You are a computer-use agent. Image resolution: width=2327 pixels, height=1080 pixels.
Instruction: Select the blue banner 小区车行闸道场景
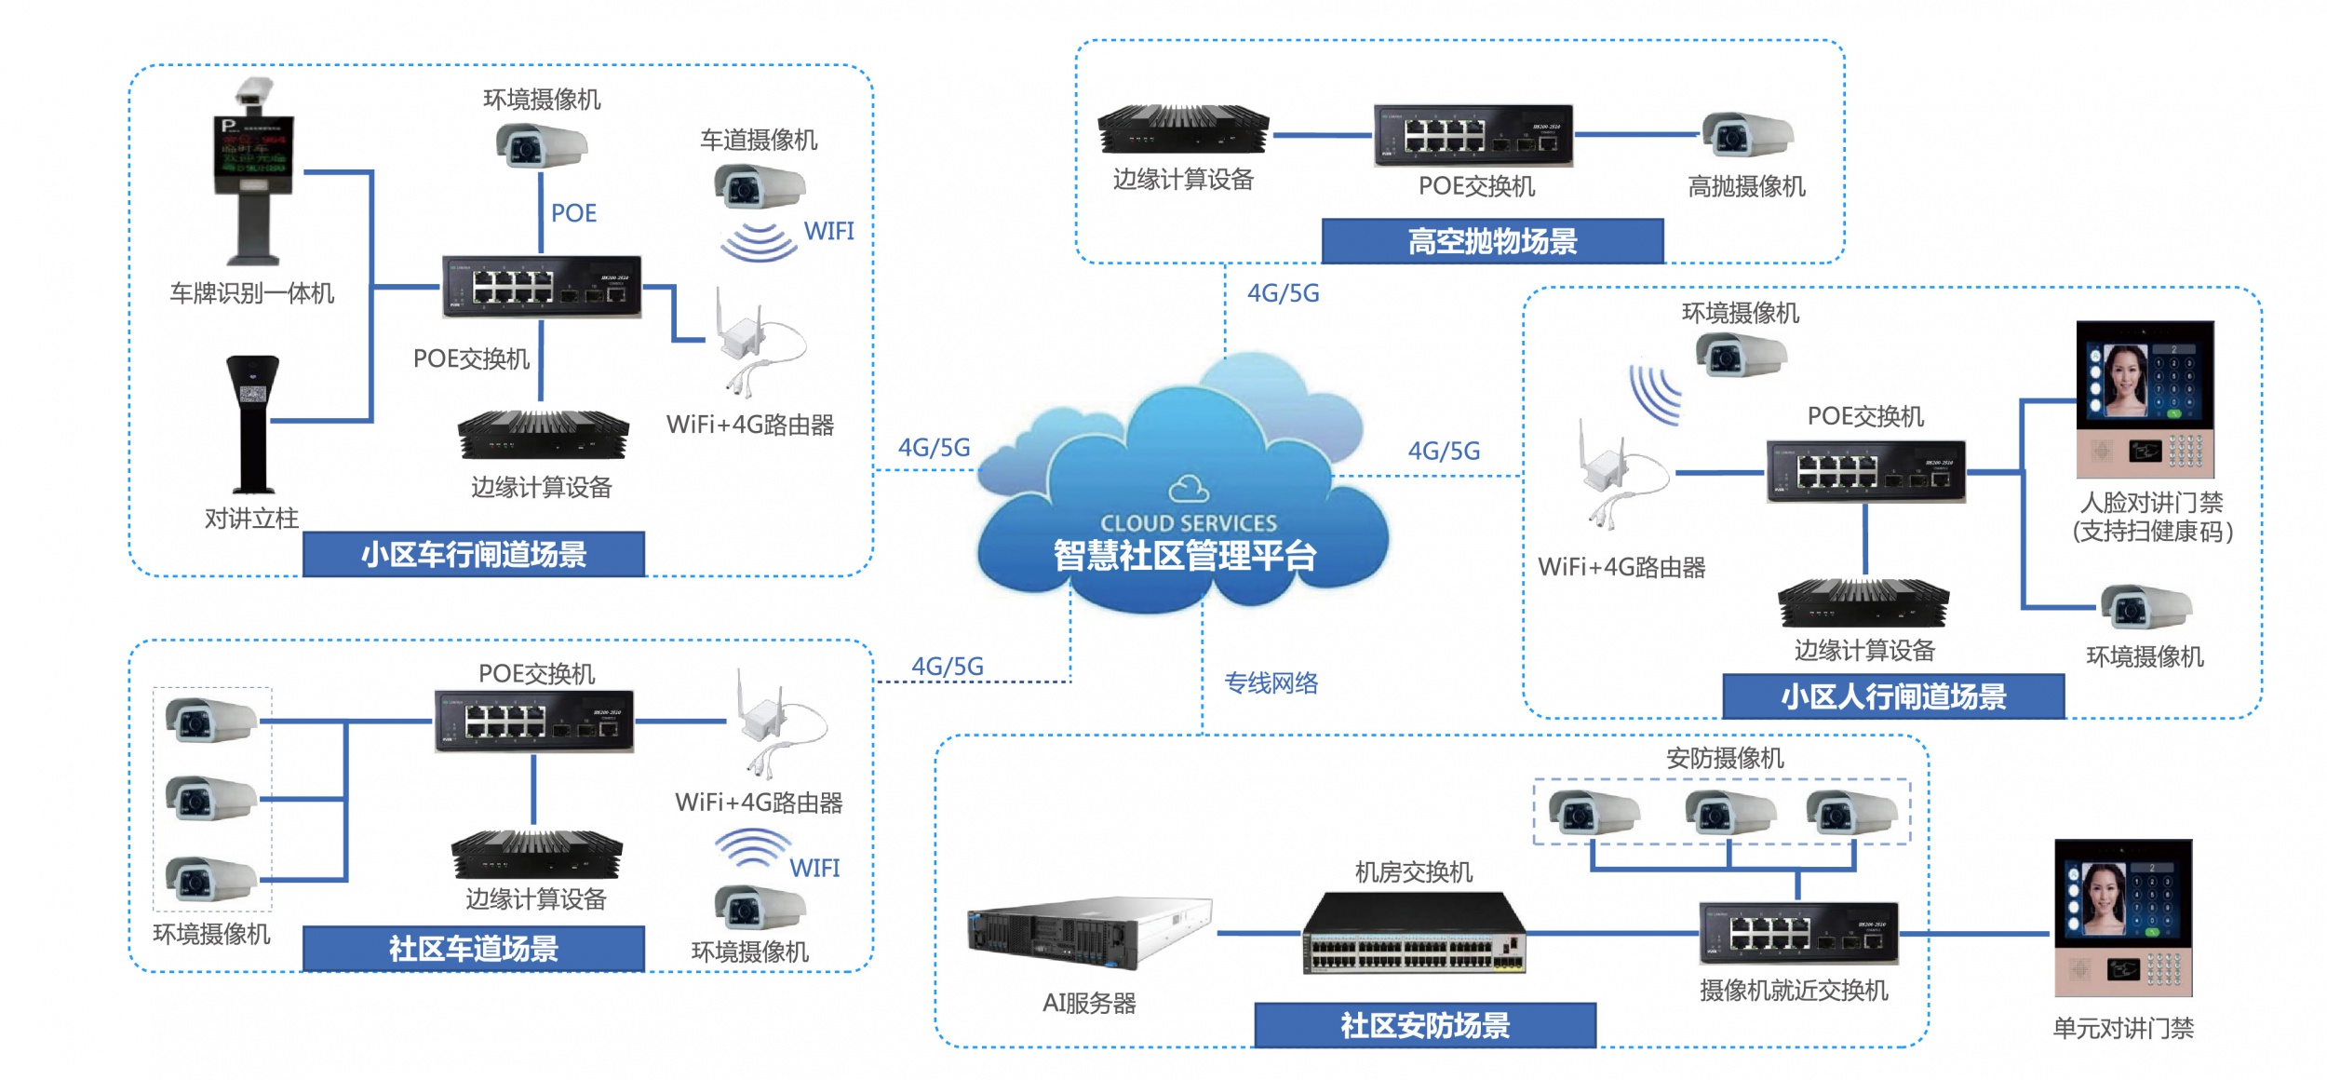[474, 555]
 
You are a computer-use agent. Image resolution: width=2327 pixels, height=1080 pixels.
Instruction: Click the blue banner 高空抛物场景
[1492, 242]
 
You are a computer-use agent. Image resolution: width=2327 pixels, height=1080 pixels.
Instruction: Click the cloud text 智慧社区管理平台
[1185, 556]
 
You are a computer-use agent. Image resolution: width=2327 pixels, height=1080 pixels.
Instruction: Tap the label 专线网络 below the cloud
[1271, 683]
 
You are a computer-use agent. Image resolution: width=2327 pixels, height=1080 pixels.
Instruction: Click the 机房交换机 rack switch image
[1414, 934]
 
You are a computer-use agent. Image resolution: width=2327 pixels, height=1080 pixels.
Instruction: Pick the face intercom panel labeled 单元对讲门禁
[2123, 918]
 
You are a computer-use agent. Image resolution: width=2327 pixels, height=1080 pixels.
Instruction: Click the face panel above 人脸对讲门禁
[2145, 399]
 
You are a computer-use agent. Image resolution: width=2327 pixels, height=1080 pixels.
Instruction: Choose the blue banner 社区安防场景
[1425, 1026]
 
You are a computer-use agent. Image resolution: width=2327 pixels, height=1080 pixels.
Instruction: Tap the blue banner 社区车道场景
[474, 949]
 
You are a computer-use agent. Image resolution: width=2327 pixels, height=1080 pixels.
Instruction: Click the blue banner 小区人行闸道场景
[1893, 696]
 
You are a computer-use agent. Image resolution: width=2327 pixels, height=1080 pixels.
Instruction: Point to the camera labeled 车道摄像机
[759, 186]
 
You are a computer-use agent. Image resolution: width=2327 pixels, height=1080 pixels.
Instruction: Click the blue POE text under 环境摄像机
[573, 213]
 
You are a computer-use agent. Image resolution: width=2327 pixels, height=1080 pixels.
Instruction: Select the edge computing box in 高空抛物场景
[1183, 129]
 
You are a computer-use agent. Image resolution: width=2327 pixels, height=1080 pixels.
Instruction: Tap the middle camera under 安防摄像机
[1729, 812]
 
